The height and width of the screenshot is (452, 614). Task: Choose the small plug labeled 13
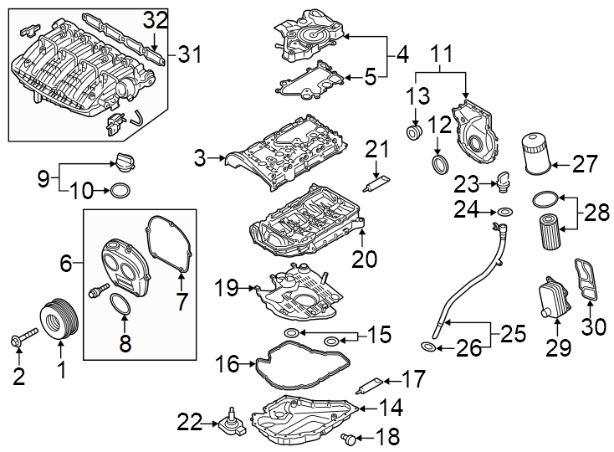[413, 133]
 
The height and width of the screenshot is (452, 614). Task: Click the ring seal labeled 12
[438, 162]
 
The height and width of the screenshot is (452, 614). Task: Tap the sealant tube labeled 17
[371, 385]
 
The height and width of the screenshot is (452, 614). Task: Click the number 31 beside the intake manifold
[190, 56]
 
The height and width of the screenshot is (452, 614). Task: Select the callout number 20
[364, 259]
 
